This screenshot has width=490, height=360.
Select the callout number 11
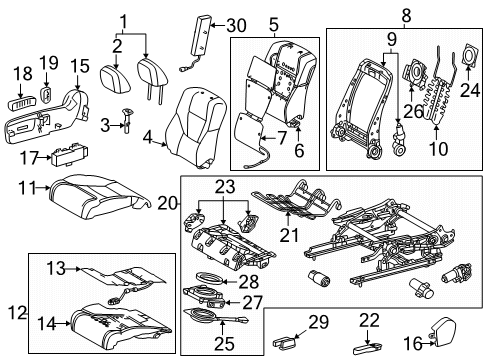tap(31, 186)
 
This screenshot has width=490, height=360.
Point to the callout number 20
tap(168, 203)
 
